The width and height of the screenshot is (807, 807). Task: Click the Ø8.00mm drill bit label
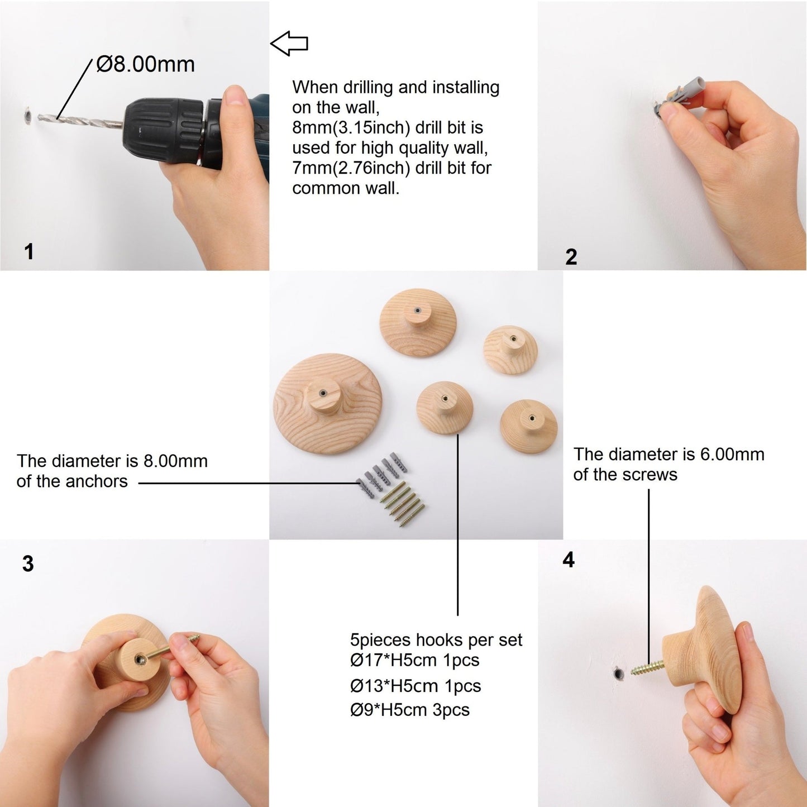pyautogui.click(x=145, y=65)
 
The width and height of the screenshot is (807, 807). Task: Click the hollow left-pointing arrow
pyautogui.click(x=289, y=43)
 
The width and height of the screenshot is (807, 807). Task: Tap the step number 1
pyautogui.click(x=29, y=252)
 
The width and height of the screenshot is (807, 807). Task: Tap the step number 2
pyautogui.click(x=571, y=257)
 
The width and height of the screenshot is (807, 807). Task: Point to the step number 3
pyautogui.click(x=28, y=564)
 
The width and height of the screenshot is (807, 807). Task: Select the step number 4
pyautogui.click(x=569, y=560)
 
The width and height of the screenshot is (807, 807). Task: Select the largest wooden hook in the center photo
pyautogui.click(x=327, y=403)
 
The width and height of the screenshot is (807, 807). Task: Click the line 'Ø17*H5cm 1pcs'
pyautogui.click(x=415, y=660)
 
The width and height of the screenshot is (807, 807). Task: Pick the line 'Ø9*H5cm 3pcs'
pyautogui.click(x=410, y=710)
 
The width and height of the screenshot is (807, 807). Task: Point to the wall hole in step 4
pyautogui.click(x=618, y=674)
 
